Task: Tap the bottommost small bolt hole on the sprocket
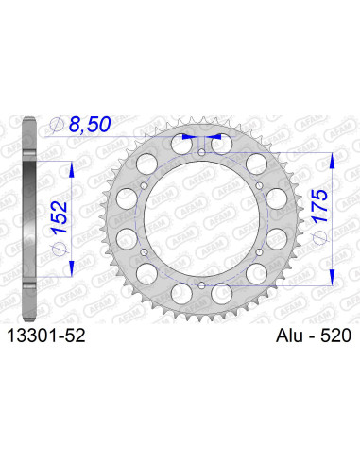200,284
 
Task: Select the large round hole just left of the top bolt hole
178,146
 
